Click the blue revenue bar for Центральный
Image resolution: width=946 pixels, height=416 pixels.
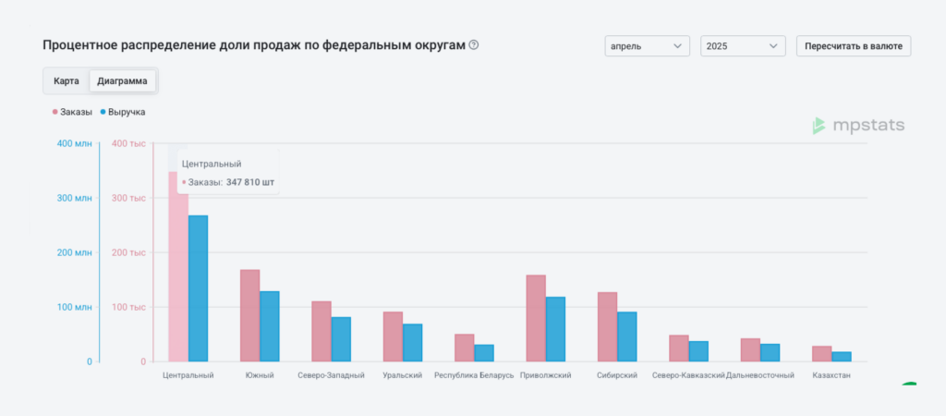[198, 288]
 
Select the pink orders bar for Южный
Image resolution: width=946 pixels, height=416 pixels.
[249, 315]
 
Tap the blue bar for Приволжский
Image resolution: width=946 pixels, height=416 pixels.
[555, 329]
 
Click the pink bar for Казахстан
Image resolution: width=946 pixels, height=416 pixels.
[821, 353]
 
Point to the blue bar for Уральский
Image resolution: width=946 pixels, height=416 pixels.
[412, 342]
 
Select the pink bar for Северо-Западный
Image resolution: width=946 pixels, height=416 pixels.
[321, 331]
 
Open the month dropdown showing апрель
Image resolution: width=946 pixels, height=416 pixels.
[648, 45]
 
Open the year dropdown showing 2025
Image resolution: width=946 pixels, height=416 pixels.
[743, 45]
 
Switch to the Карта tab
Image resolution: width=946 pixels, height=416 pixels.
[67, 81]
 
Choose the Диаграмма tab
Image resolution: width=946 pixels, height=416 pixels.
[122, 81]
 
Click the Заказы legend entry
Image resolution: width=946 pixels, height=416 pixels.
[72, 112]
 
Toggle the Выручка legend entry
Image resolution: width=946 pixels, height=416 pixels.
[122, 112]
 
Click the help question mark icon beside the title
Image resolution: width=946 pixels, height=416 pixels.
[474, 44]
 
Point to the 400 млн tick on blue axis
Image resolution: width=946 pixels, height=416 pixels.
[75, 143]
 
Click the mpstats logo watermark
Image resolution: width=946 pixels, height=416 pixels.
[858, 126]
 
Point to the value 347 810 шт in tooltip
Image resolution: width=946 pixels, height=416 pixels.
[250, 182]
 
